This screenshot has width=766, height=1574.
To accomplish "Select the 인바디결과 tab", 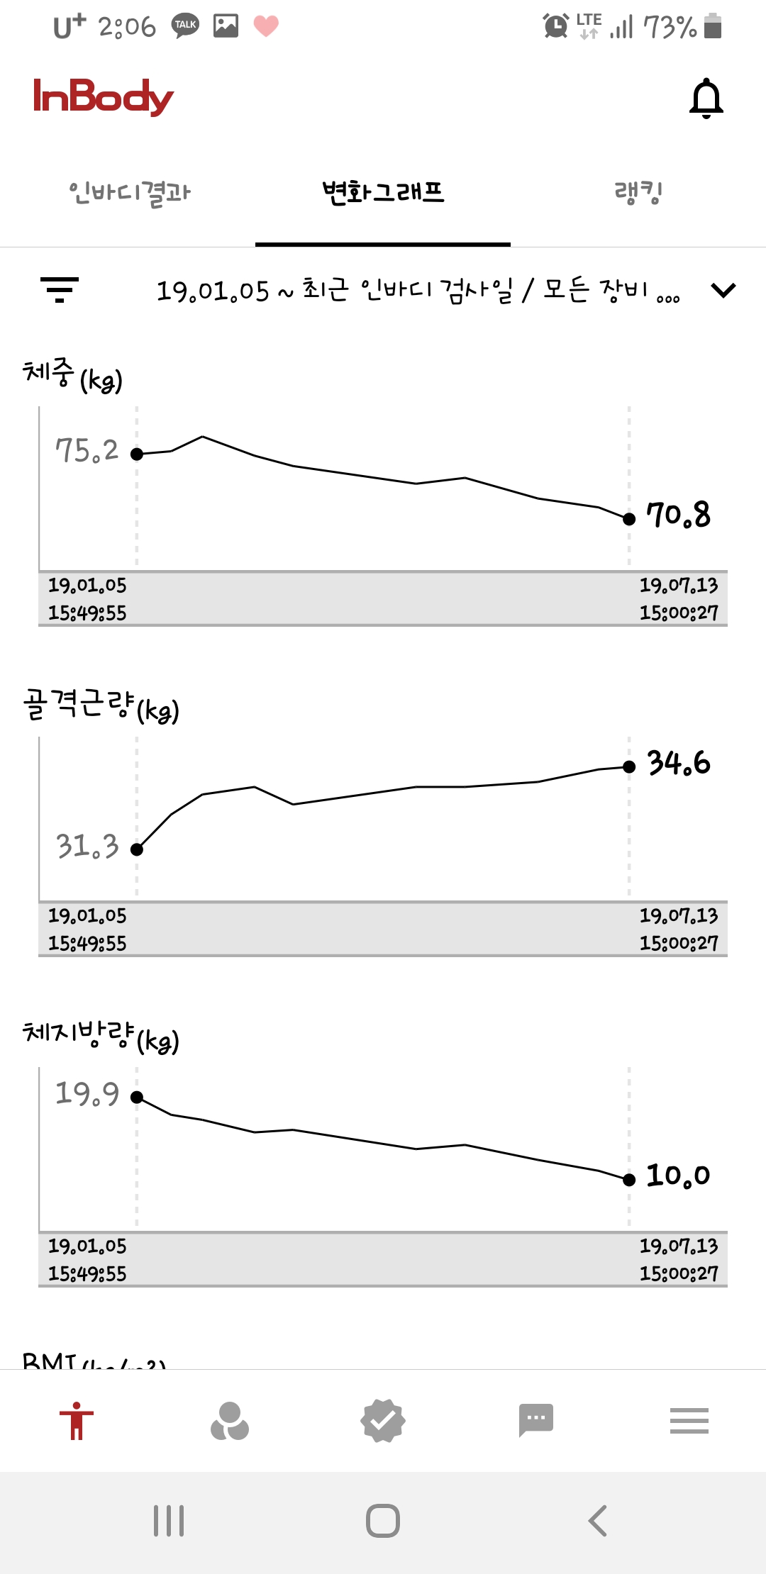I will pos(130,193).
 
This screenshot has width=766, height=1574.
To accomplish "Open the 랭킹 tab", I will pos(638,193).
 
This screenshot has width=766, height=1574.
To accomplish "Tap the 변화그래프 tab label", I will pos(383,193).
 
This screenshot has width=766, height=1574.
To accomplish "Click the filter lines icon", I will pos(60,289).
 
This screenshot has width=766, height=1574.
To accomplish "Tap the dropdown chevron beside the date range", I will pos(723,290).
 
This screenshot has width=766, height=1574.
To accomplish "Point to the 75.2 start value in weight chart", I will pos(87,451).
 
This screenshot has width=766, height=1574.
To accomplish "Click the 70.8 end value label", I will pos(678,515).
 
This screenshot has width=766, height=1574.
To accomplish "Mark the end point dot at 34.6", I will pos(629,766).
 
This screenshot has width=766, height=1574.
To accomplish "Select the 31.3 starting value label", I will pos(87,847).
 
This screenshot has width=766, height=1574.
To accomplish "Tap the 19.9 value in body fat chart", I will pos(87,1094).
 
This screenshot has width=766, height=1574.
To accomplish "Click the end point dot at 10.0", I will pos(629,1180).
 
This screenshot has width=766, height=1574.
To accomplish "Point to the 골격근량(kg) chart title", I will pos(101,705).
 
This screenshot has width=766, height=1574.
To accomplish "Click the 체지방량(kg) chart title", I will pos(101,1037).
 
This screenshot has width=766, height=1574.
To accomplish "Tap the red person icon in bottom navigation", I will pos(77,1421).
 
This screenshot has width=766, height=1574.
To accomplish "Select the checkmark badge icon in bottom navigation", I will pos(383,1421).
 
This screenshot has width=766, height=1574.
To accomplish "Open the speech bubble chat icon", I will pos(536,1420).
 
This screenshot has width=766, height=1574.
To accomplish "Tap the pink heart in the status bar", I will pos(266,26).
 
